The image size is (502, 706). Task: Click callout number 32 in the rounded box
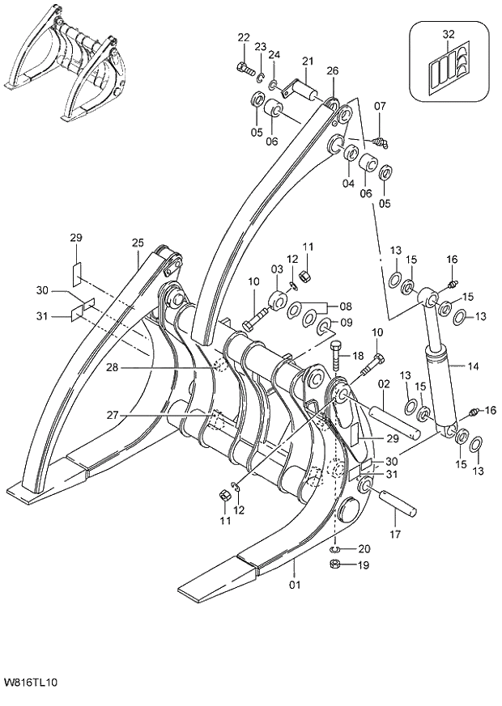click(449, 34)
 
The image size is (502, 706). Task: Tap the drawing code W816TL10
click(30, 683)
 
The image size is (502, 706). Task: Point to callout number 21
click(308, 61)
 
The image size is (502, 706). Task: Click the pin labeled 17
click(397, 503)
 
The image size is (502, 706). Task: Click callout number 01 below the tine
click(294, 584)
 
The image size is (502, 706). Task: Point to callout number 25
click(138, 243)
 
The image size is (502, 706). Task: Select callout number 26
click(332, 71)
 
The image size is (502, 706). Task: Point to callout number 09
click(346, 323)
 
